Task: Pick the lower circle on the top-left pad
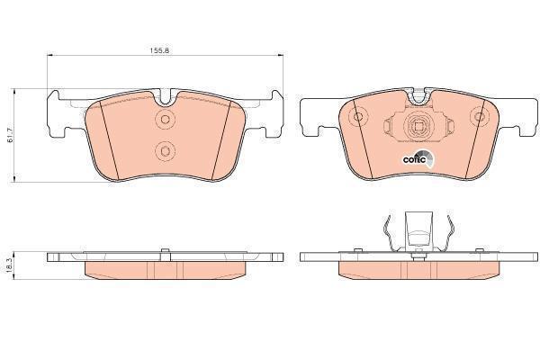[163, 149]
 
